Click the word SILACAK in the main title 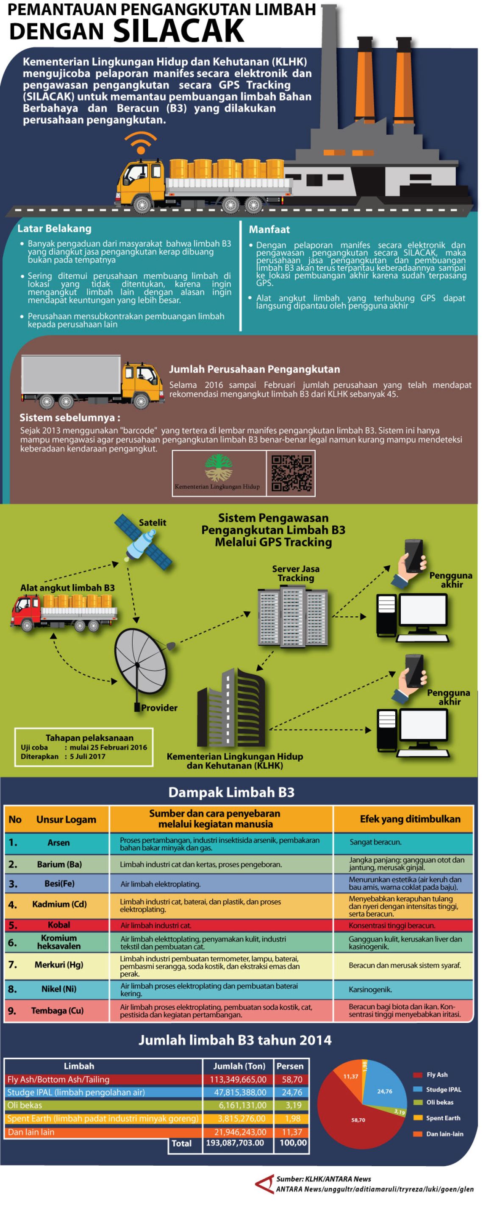coord(178,31)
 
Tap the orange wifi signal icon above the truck coord(140,143)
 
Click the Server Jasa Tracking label coord(295,573)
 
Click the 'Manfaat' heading coord(269,229)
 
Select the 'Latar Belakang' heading coord(54,228)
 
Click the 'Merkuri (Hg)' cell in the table coord(58,964)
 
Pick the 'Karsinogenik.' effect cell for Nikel coord(370,989)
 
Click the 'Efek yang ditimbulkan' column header coord(410,819)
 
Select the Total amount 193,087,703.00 coord(235,1143)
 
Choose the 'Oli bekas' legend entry coord(439,1102)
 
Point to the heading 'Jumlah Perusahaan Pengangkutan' coord(254,369)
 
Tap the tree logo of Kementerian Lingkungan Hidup coord(218,468)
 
